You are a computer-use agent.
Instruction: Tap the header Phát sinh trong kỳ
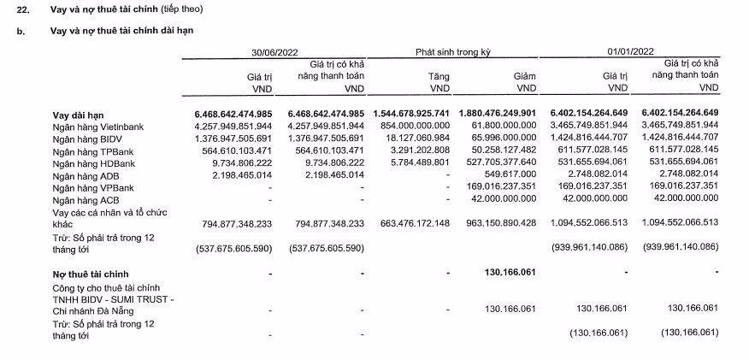tap(453, 52)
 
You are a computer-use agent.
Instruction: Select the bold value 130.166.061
tap(510, 273)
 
